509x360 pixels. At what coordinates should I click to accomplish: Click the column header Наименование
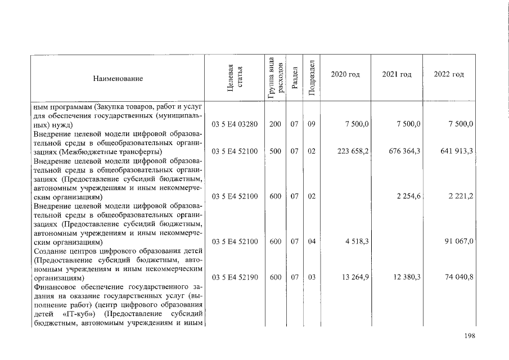(118, 79)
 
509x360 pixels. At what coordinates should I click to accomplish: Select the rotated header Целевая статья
(235, 78)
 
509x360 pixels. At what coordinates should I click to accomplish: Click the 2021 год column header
(397, 75)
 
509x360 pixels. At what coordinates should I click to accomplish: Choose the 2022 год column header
(449, 75)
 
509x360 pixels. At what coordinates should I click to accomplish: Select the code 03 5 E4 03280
(235, 124)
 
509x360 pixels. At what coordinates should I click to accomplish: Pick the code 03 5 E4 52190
(235, 278)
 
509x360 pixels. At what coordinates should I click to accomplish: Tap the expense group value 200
(275, 124)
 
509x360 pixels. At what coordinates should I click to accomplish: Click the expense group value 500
(275, 152)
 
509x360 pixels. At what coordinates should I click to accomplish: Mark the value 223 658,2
(353, 152)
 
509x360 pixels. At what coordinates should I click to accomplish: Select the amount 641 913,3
(457, 152)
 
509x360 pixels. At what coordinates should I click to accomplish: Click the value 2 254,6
(409, 196)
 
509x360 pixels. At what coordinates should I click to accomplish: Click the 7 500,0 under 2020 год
(357, 124)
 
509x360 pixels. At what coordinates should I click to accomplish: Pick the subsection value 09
(312, 124)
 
